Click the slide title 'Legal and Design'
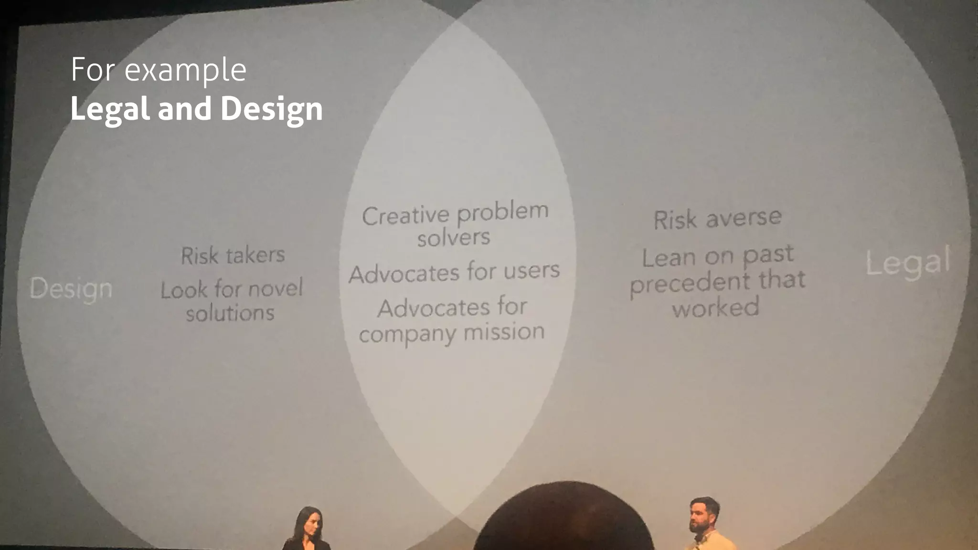coord(196,109)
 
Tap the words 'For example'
coord(158,70)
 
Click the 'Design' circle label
coord(71,289)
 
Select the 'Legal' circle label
coord(908,262)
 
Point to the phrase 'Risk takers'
coord(233,255)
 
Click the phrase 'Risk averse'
coord(717,219)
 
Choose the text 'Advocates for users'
coord(454,273)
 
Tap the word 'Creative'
coord(405,216)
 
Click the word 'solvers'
coord(453,237)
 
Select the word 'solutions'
coord(230,313)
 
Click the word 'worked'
coord(715,307)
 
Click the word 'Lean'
coord(669,258)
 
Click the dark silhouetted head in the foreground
coord(563,520)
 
